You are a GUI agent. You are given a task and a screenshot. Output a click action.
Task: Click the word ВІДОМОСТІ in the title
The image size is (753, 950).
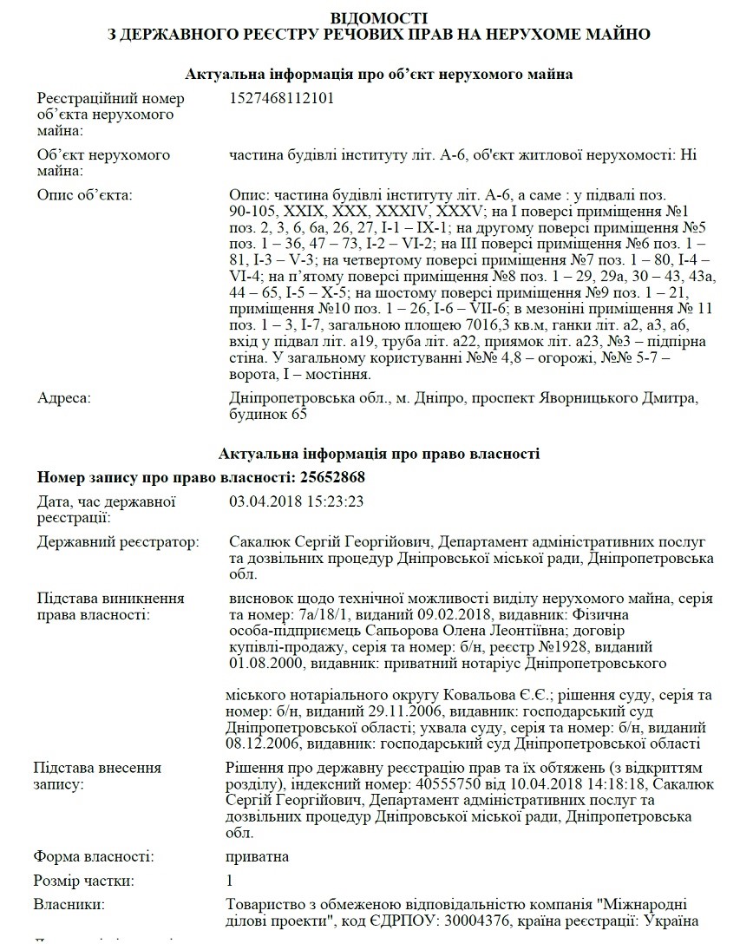[379, 17]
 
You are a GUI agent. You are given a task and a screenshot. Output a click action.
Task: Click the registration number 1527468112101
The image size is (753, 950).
[281, 98]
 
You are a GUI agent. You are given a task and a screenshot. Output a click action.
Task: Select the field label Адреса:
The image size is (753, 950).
[64, 398]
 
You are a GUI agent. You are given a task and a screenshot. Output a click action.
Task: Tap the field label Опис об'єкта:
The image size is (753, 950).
[84, 194]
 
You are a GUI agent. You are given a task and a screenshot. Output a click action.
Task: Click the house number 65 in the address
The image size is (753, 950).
[299, 415]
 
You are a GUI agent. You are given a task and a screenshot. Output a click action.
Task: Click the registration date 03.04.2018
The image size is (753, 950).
[260, 501]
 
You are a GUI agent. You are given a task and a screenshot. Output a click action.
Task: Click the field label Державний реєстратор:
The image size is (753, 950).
[118, 541]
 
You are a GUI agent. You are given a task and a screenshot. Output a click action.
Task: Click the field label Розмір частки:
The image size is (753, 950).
[85, 881]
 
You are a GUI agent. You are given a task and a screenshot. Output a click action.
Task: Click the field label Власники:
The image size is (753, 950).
[69, 905]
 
